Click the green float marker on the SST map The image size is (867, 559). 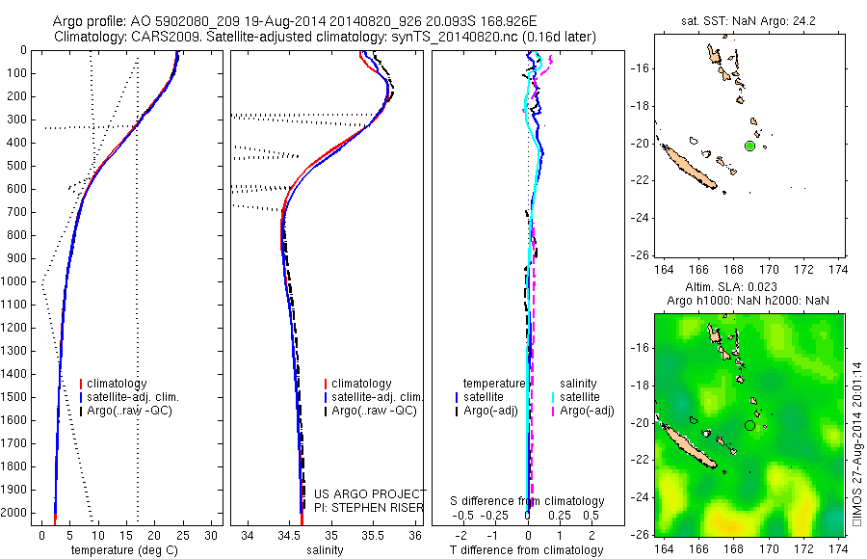(749, 146)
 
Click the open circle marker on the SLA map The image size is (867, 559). (749, 425)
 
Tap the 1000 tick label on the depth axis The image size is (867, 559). (14, 281)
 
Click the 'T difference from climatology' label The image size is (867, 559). (527, 550)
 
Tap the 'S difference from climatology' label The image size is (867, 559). (527, 501)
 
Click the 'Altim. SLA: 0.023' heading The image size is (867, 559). (749, 288)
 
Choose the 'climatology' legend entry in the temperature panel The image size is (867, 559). (117, 384)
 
